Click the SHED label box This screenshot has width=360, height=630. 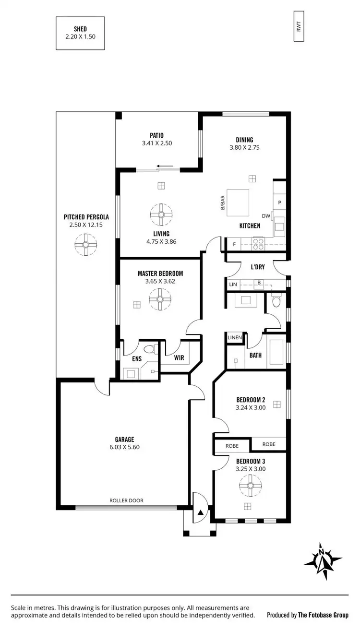point(80,33)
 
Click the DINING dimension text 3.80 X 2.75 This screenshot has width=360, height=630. point(244,148)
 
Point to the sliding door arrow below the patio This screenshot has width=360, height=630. point(166,167)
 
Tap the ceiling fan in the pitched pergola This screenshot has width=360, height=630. point(85,244)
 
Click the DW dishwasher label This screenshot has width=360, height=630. point(266,216)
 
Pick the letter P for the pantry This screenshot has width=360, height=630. point(279,202)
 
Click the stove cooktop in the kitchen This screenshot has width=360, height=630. point(258,244)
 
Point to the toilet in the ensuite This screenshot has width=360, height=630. point(149,349)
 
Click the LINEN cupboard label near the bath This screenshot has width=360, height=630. point(235,338)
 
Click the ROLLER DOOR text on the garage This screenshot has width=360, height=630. point(126,500)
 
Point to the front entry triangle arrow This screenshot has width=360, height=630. point(201,513)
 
